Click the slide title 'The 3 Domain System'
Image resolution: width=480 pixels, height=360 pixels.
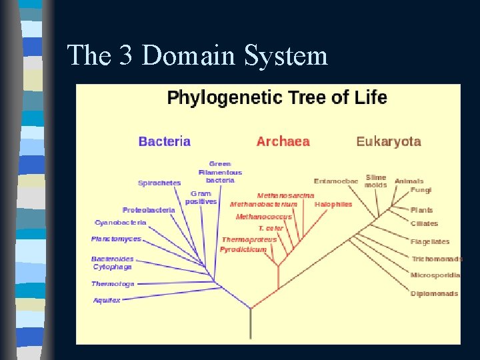197,55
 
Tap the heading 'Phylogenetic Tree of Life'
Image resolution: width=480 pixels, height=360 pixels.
277,98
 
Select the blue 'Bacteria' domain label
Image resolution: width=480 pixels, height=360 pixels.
165,141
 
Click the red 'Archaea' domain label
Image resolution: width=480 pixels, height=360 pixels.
283,141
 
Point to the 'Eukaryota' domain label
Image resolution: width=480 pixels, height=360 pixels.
389,141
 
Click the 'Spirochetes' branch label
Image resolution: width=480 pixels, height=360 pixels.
159,183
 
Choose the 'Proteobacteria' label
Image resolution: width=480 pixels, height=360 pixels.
149,210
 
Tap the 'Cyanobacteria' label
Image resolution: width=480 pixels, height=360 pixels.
121,223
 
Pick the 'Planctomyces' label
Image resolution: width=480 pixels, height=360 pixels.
116,239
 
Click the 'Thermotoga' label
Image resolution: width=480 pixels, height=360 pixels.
113,284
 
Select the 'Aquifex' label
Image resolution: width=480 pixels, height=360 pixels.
107,300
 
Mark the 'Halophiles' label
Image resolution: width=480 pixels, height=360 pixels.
333,205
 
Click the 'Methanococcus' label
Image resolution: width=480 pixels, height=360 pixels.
264,217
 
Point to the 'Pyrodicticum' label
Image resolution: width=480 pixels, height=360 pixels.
243,249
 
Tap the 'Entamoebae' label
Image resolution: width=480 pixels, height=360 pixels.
336,181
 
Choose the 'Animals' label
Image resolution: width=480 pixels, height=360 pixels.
409,181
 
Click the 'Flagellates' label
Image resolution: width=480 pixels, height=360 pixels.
430,241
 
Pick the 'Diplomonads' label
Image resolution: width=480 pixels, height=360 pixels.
434,293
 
